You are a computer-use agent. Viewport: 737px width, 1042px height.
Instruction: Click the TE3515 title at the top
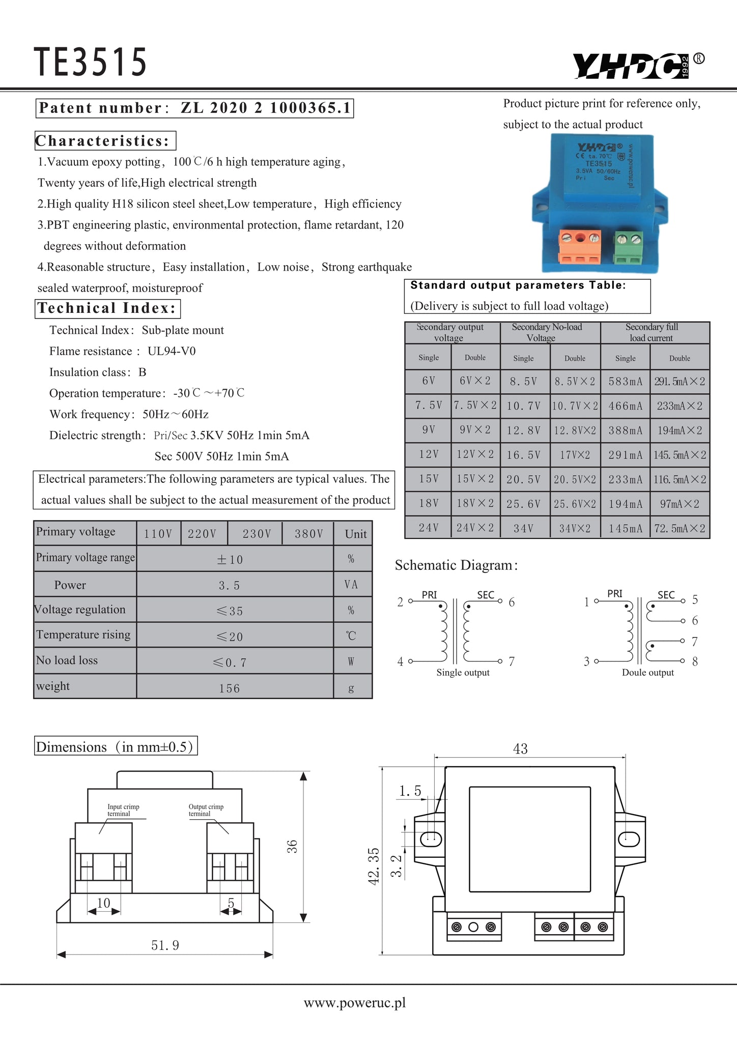(90, 63)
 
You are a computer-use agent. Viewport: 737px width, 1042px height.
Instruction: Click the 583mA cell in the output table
(626, 382)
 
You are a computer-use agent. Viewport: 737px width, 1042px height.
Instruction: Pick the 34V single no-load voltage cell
(524, 529)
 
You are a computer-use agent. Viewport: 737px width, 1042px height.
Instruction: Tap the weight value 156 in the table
(230, 688)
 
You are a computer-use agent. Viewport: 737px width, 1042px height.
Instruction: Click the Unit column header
(355, 534)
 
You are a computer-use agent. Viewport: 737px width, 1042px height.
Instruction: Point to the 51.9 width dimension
(165, 945)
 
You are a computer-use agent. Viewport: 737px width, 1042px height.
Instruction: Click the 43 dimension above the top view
(520, 748)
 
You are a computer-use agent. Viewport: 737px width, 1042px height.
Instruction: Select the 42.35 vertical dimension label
(374, 866)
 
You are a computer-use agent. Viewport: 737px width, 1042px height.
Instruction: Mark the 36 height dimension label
(292, 846)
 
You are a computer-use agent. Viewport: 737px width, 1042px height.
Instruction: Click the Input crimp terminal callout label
(123, 810)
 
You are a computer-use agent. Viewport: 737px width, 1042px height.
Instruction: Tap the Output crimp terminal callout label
(206, 810)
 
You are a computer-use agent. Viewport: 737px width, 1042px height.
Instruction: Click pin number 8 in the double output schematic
(695, 661)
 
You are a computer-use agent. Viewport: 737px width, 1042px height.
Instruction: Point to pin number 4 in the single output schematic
(401, 661)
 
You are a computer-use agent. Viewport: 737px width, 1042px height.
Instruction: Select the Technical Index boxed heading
(107, 308)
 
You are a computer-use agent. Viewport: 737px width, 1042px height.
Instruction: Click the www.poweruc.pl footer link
(355, 1003)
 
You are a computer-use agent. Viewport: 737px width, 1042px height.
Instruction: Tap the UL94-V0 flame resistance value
(172, 351)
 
